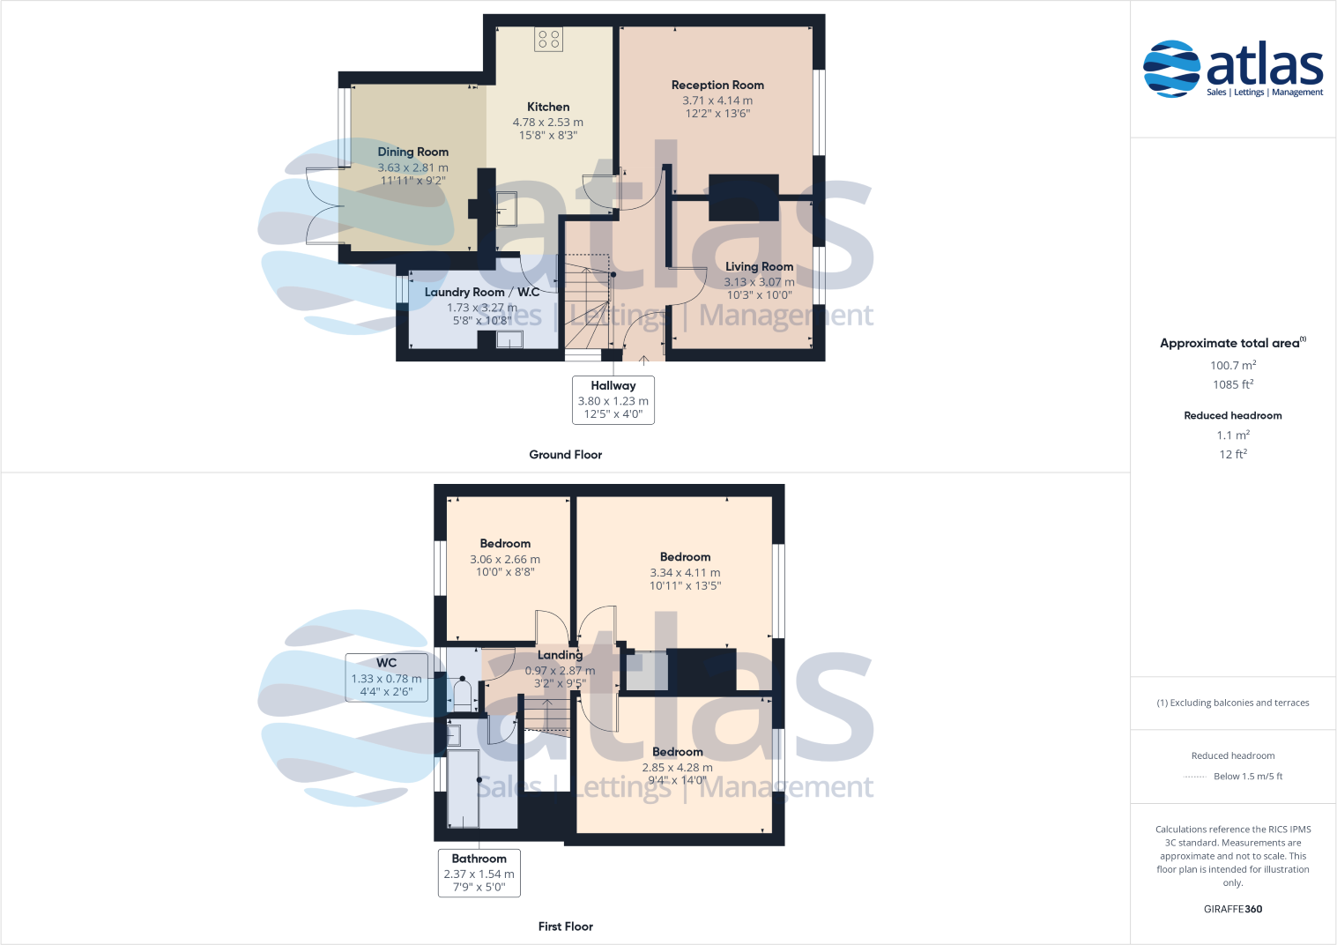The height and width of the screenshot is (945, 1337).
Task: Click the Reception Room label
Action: (x=717, y=86)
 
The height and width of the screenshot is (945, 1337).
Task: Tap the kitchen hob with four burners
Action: (x=548, y=39)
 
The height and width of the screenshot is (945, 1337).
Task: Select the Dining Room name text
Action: (x=412, y=153)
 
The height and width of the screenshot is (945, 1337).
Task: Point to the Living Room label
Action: (x=759, y=267)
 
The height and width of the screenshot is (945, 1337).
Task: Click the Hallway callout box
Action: (x=613, y=400)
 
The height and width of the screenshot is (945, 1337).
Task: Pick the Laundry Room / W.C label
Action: (x=481, y=293)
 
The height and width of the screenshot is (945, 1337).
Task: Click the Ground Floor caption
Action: (x=565, y=455)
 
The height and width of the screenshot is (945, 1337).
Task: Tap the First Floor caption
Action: (x=565, y=926)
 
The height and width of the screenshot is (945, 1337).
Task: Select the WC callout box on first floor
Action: (x=386, y=677)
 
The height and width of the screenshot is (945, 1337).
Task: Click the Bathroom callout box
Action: (x=479, y=873)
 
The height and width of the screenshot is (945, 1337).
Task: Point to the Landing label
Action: (x=560, y=655)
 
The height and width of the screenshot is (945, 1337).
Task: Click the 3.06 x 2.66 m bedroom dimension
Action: (x=505, y=560)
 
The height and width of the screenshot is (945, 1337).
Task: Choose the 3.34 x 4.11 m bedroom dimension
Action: (x=685, y=573)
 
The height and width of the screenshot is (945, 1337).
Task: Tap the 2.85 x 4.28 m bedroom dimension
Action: (x=677, y=768)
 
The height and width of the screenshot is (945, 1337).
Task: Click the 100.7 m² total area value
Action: (x=1232, y=365)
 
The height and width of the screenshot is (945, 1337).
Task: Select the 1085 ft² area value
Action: (x=1232, y=384)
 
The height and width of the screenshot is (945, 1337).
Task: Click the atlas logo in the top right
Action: (x=1233, y=69)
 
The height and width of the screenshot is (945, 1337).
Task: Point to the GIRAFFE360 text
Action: (x=1232, y=909)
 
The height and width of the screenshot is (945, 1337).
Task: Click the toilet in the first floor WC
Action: (x=462, y=693)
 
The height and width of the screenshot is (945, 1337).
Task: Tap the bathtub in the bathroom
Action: (x=463, y=789)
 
